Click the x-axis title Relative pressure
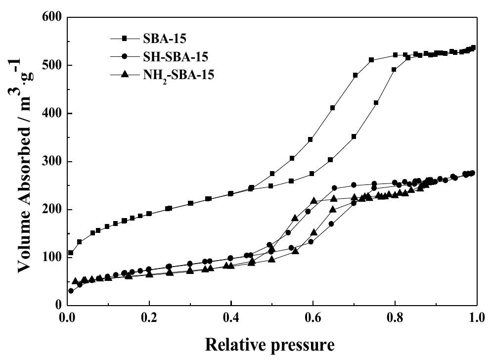[271, 343]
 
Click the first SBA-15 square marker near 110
[71, 253]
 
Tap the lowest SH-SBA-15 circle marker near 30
[71, 291]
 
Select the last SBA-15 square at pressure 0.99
[473, 48]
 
